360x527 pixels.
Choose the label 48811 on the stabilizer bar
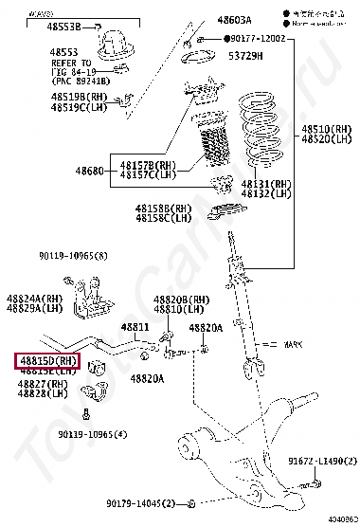[134, 327]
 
